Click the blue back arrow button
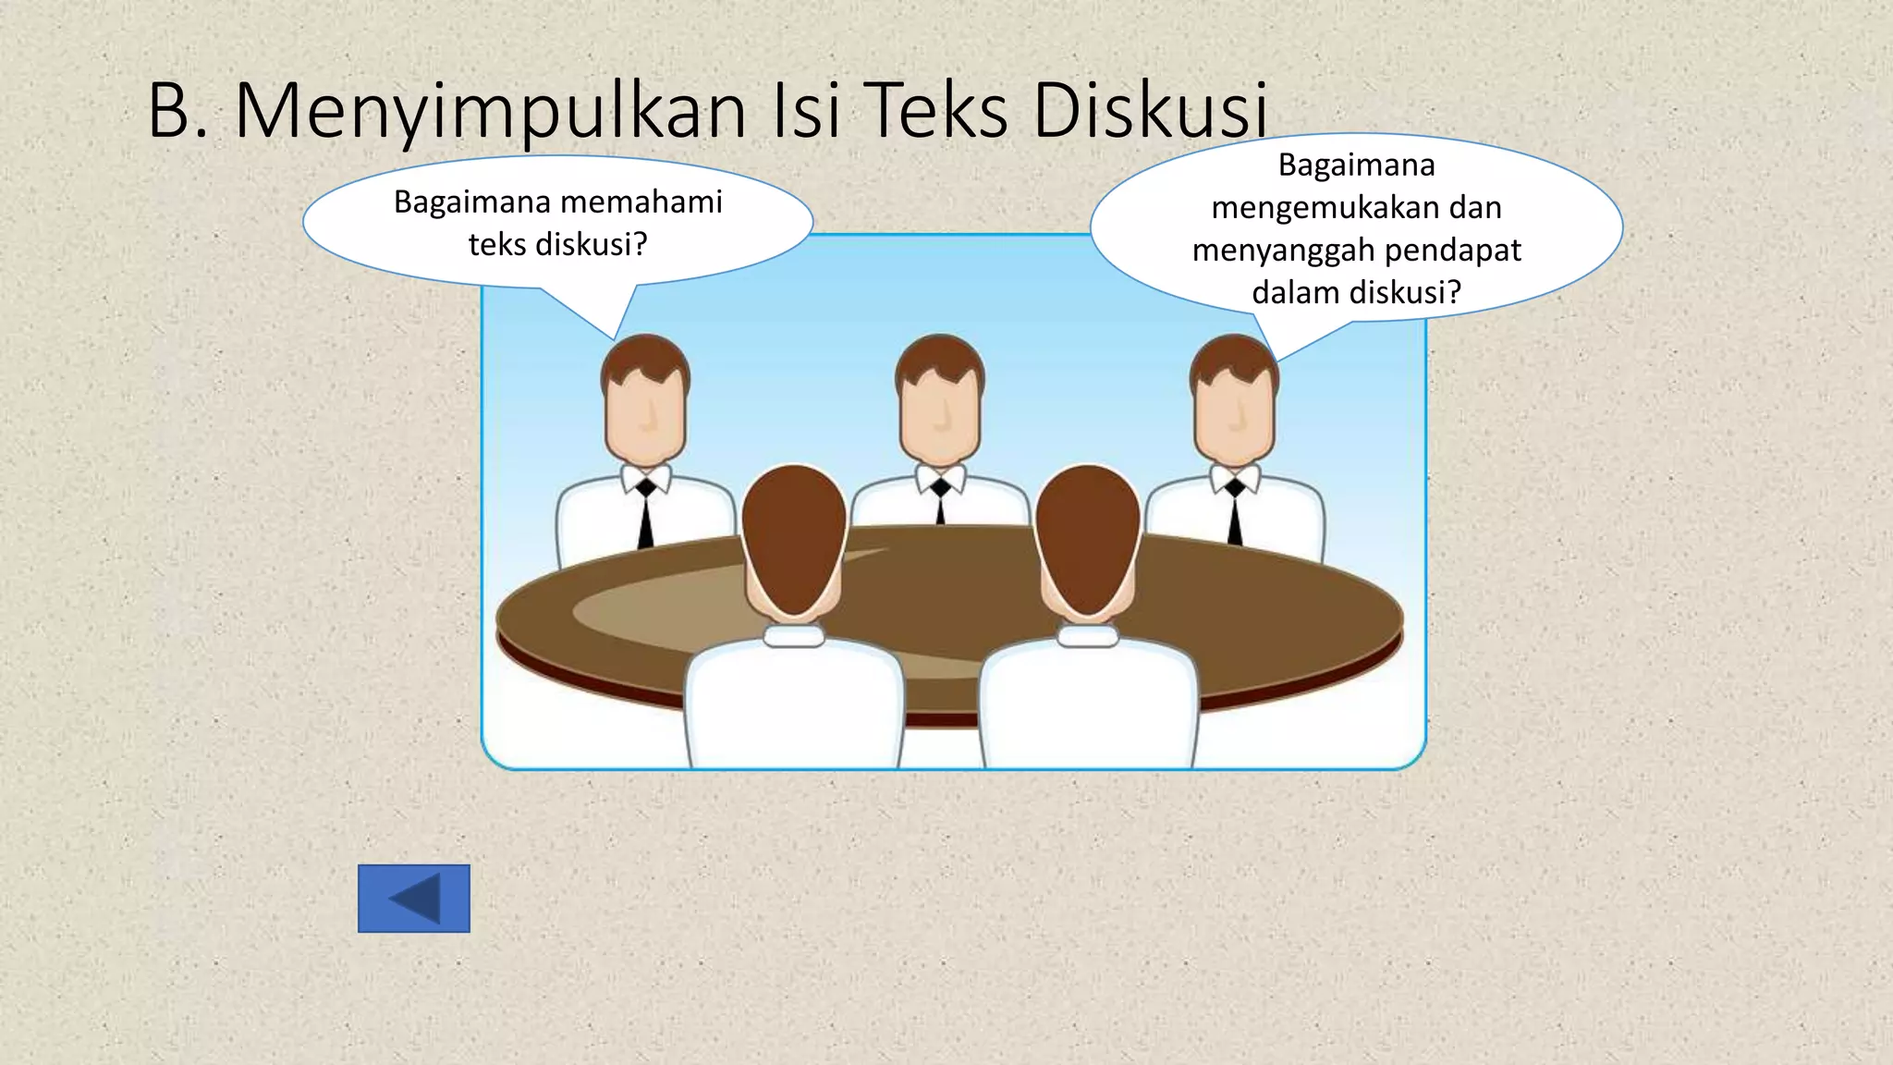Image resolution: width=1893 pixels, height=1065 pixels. (413, 899)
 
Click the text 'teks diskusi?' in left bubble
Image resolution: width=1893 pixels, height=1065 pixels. (557, 245)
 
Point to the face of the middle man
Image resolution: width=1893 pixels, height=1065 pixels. (940, 416)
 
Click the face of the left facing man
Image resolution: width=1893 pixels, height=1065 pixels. (645, 416)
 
